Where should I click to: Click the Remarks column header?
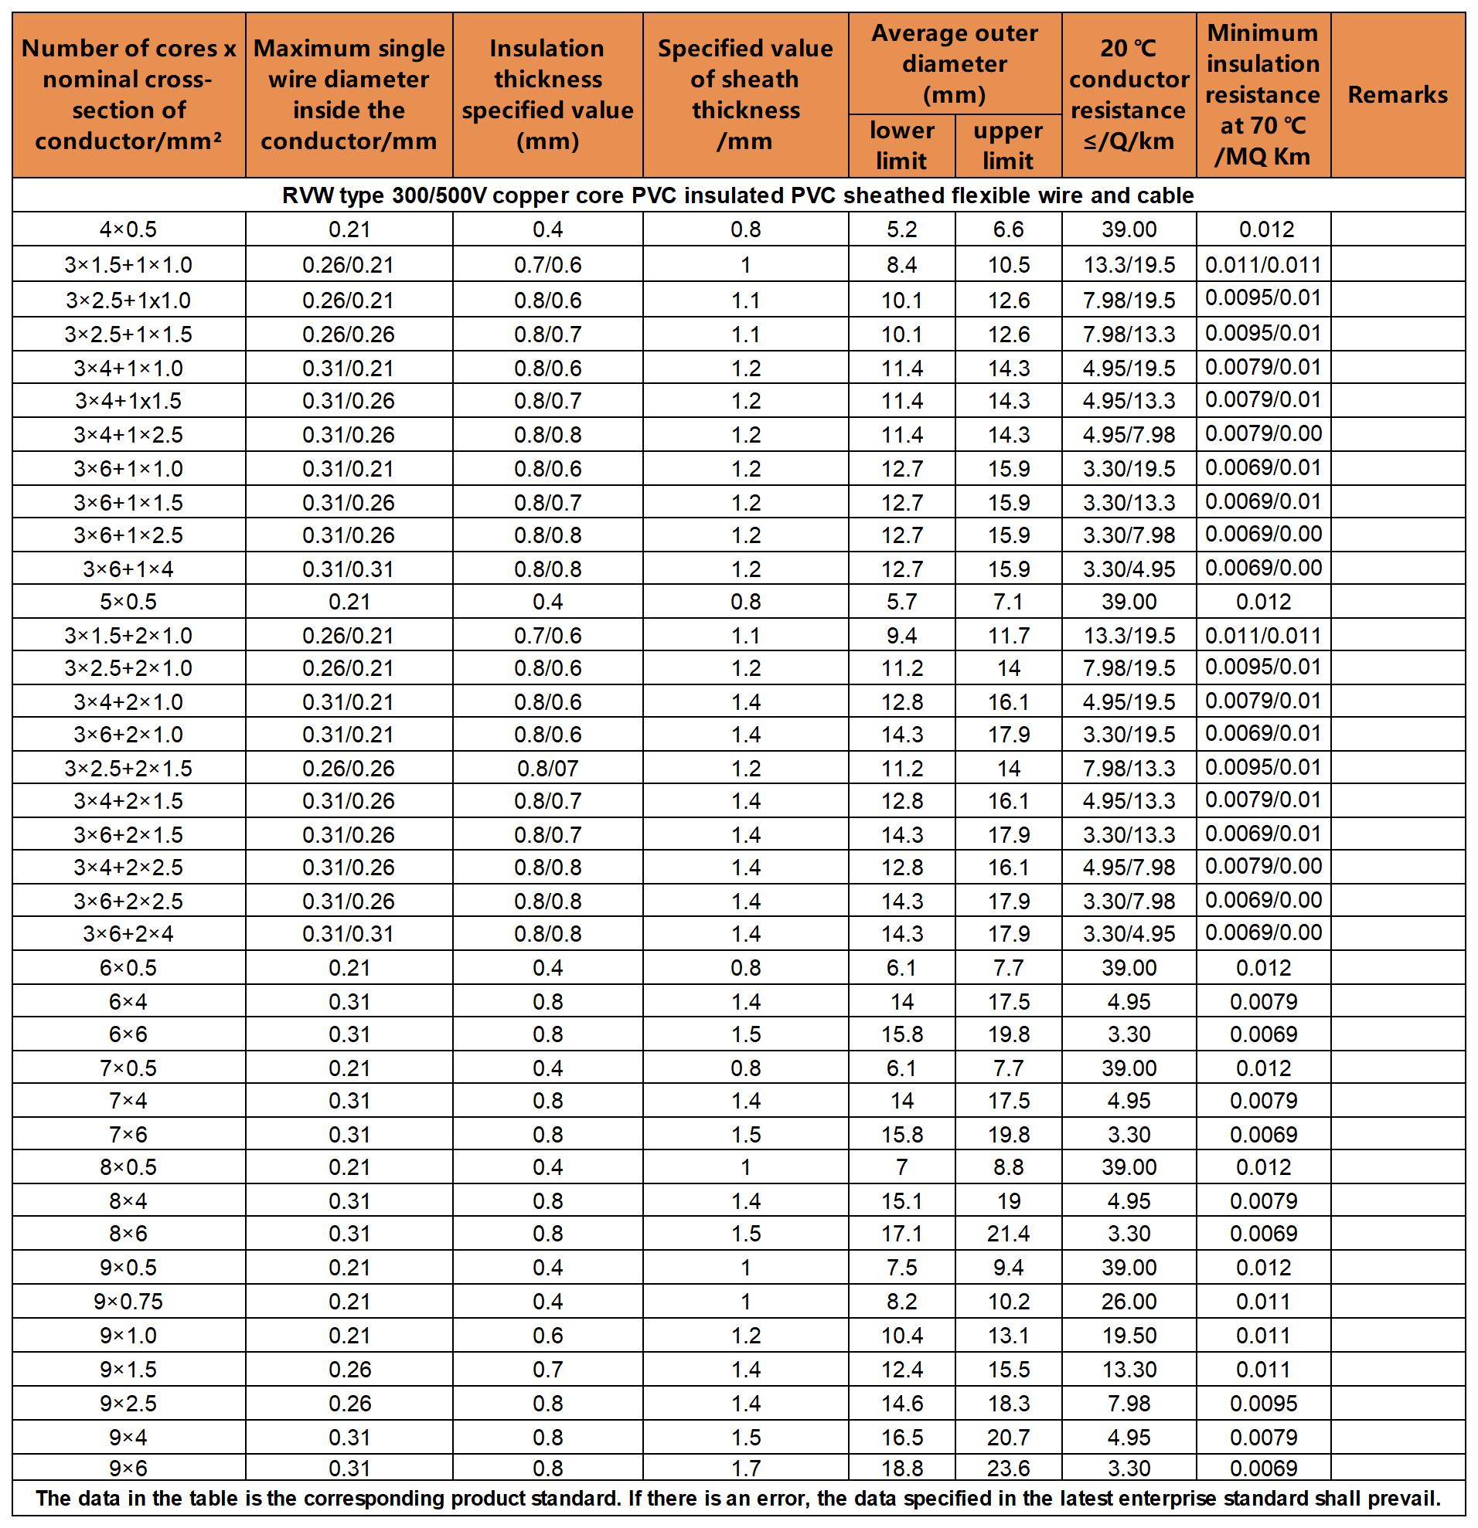coord(1397,95)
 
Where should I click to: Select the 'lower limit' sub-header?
coord(901,146)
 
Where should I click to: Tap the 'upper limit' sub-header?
coord(1008,146)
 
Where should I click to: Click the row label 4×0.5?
coord(128,229)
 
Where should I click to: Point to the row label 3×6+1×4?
coord(128,569)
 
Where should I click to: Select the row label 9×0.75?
coord(128,1301)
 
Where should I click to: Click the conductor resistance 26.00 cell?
coord(1129,1301)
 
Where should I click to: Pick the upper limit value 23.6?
coord(1009,1469)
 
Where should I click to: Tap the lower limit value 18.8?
coord(901,1469)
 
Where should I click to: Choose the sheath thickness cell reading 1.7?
coord(746,1469)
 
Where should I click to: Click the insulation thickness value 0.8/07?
coord(547,769)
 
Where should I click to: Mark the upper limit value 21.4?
coord(1009,1234)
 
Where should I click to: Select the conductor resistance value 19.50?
coord(1129,1336)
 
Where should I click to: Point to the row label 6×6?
coord(128,1034)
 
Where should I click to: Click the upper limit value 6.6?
coord(1009,229)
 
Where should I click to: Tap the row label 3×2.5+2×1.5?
coord(128,769)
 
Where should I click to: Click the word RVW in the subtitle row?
coord(308,195)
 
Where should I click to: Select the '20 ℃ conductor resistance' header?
coord(1129,95)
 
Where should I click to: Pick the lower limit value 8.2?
coord(901,1301)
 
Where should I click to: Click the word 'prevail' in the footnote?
coord(1407,1499)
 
